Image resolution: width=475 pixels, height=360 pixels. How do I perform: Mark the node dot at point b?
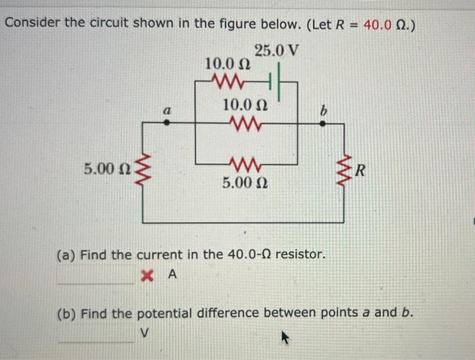tap(322, 124)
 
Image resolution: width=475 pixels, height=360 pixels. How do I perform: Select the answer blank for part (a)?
tap(95, 277)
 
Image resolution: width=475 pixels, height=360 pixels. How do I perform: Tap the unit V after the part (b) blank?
tap(144, 334)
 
